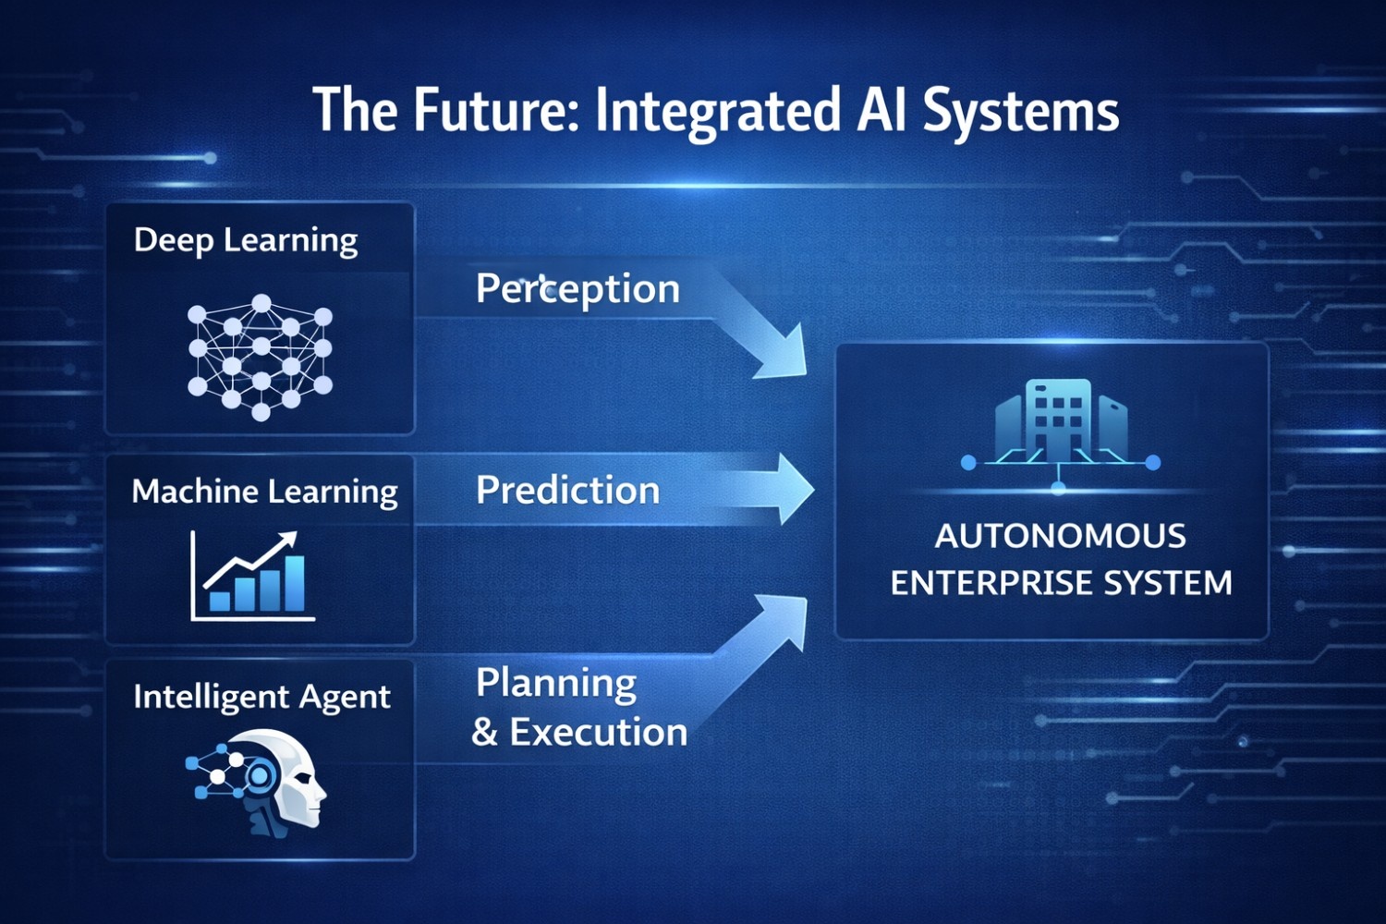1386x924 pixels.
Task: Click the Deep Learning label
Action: (x=246, y=241)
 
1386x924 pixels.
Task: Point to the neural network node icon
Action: (x=260, y=357)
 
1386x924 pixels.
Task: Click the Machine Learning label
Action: (x=265, y=492)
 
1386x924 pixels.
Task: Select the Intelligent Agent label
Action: (x=261, y=698)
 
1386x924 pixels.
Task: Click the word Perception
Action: (x=577, y=289)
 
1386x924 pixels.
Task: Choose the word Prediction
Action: (x=568, y=490)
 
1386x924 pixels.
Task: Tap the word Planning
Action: (x=556, y=685)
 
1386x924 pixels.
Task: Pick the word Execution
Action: (x=599, y=732)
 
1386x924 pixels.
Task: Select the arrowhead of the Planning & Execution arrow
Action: (x=784, y=620)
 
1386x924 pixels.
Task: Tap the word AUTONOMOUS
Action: (x=1061, y=536)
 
